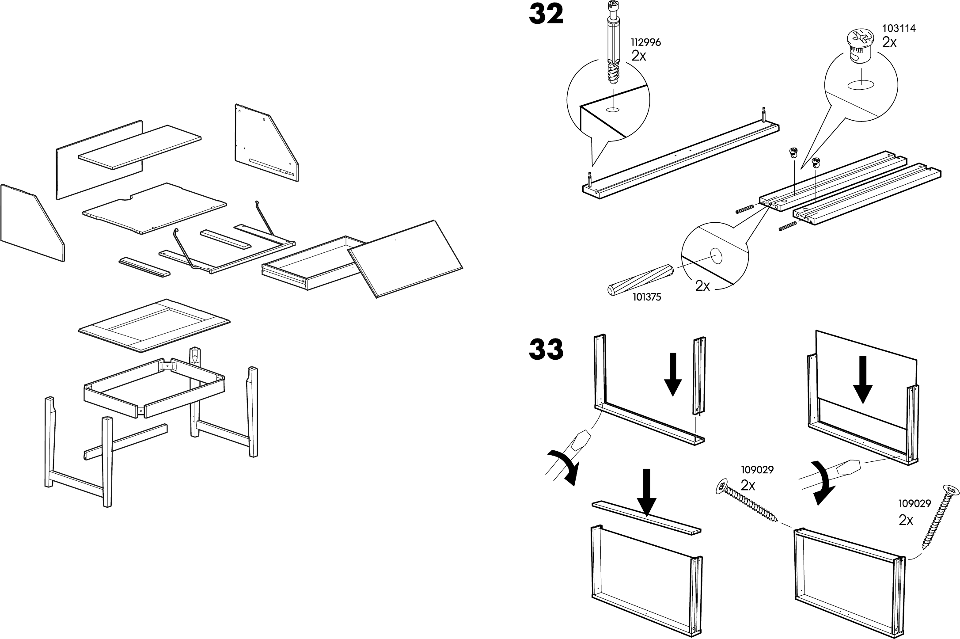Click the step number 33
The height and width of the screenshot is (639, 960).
coord(546,350)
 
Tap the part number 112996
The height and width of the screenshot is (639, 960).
coord(645,43)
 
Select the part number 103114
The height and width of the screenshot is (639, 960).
coord(899,28)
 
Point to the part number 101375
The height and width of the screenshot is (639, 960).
coord(647,297)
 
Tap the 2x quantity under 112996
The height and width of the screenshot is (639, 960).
coord(638,56)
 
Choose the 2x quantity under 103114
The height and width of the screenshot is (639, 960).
coord(889,42)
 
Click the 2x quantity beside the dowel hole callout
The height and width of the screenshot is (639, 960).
coord(702,286)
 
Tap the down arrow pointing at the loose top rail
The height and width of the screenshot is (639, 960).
coord(647,492)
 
